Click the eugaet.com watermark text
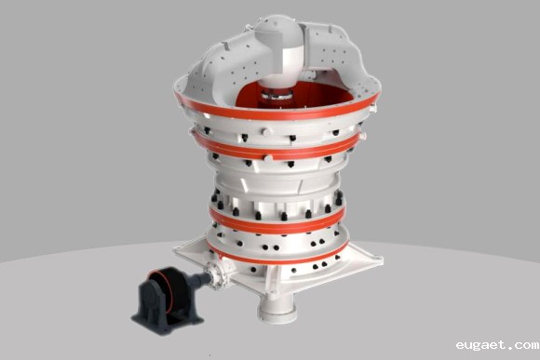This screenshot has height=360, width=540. [x=497, y=344]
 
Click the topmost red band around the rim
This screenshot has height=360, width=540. [x=277, y=111]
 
